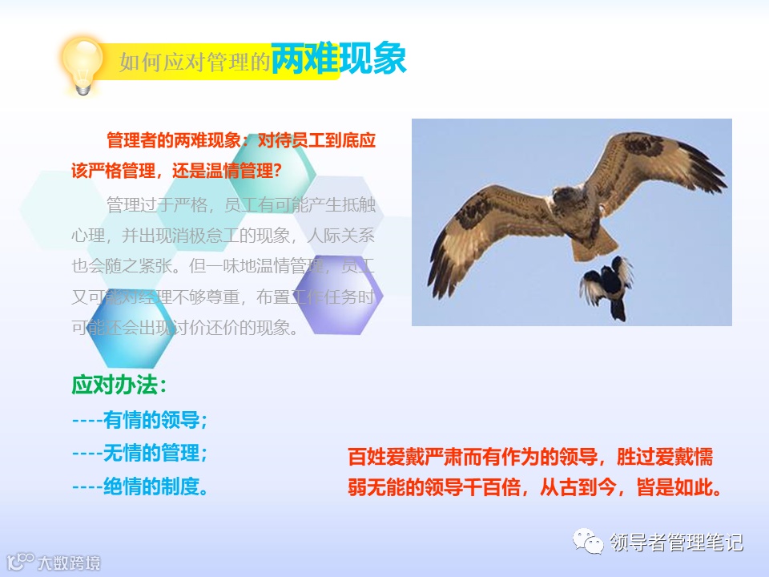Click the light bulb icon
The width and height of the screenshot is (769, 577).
(x=83, y=65)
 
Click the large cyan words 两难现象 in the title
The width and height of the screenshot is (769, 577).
(x=338, y=59)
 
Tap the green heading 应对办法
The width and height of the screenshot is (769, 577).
(x=119, y=385)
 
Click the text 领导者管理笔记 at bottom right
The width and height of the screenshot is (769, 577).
(x=677, y=543)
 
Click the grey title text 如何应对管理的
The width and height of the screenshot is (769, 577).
(x=195, y=63)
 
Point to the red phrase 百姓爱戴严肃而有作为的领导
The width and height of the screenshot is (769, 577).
(x=474, y=458)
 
